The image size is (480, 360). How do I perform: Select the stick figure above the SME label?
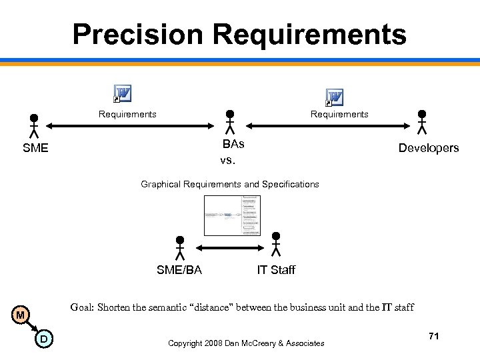coord(34,125)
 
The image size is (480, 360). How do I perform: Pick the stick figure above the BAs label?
coord(229,122)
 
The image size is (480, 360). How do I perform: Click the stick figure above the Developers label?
coord(421,122)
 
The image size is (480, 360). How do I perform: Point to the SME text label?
coord(35,148)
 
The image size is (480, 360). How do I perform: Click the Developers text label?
coord(429,148)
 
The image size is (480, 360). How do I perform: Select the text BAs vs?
coord(233,152)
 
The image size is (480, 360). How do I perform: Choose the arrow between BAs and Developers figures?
coord(325,124)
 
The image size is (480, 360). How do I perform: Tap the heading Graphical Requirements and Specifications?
coord(230,184)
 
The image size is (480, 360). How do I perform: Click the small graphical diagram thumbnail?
coord(233,215)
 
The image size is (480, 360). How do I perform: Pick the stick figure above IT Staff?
coord(276,243)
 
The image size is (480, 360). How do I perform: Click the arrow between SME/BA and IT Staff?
coord(228,247)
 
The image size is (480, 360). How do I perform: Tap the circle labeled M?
coord(21,315)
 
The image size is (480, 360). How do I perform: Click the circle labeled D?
coord(43,340)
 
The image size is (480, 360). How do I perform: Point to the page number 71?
coord(433,337)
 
